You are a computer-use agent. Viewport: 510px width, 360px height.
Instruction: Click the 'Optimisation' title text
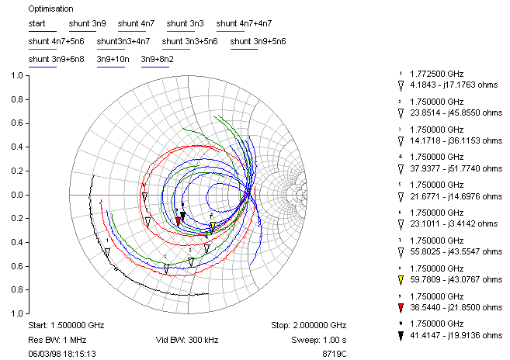[49, 9]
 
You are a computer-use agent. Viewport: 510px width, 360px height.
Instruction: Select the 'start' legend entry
[37, 23]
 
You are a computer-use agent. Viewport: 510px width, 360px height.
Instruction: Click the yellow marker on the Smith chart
[212, 227]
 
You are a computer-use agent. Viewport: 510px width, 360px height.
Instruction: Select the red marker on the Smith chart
[179, 221]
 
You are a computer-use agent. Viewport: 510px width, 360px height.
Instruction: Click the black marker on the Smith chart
[183, 216]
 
